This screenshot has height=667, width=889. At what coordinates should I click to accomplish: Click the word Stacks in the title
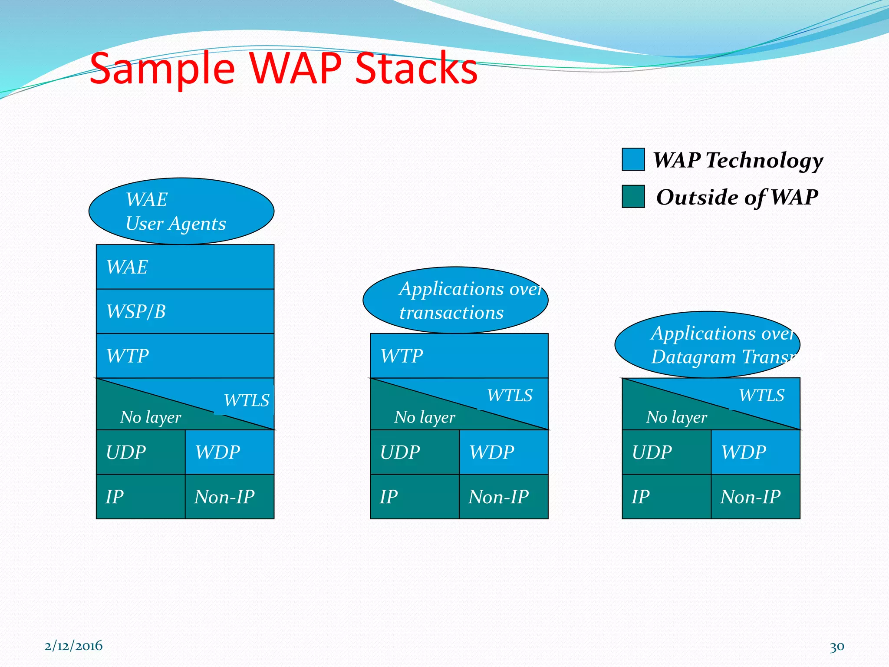coord(416,68)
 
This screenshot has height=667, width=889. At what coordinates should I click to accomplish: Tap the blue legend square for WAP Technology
coord(633,159)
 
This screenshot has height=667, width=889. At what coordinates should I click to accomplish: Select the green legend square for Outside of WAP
coord(633,197)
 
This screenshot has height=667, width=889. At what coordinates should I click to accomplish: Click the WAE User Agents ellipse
coord(181,211)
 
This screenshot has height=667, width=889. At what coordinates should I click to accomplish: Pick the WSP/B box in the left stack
coord(185,311)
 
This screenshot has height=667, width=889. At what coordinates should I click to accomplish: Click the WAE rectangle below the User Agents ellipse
coord(185,267)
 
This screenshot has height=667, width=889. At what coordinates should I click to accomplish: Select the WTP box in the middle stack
coord(459,356)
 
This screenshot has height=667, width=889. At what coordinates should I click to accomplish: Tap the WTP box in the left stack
coord(185,356)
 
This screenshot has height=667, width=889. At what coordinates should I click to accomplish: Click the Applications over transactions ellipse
coord(455,300)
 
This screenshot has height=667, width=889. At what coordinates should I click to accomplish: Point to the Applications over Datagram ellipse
coord(707,345)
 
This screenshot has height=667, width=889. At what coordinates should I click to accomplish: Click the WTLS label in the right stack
coord(761,396)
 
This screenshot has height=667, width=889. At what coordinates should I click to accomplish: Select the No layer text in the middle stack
coord(425,417)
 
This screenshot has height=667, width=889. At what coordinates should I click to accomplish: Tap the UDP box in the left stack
coord(140,452)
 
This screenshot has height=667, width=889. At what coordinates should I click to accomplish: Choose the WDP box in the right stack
coord(755,452)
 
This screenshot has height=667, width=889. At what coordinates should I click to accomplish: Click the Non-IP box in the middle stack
coord(504,496)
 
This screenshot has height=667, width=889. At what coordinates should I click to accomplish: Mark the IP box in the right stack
coord(666,496)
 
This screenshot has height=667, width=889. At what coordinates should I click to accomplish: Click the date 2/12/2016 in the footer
coord(73,646)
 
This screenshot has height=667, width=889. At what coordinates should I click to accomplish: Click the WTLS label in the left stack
coord(247,400)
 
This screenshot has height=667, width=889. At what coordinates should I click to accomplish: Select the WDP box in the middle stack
coord(504,452)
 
